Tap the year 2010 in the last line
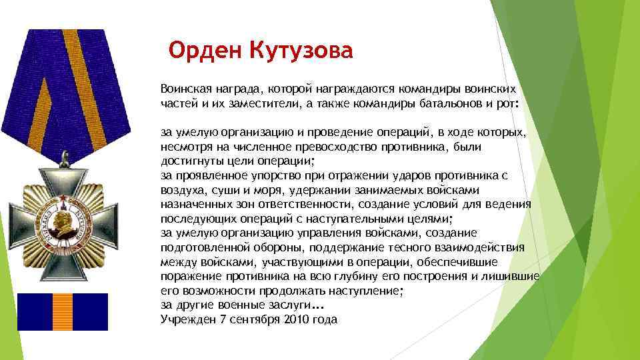291,319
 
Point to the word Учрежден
186,319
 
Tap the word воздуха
182,190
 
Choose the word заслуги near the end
288,305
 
